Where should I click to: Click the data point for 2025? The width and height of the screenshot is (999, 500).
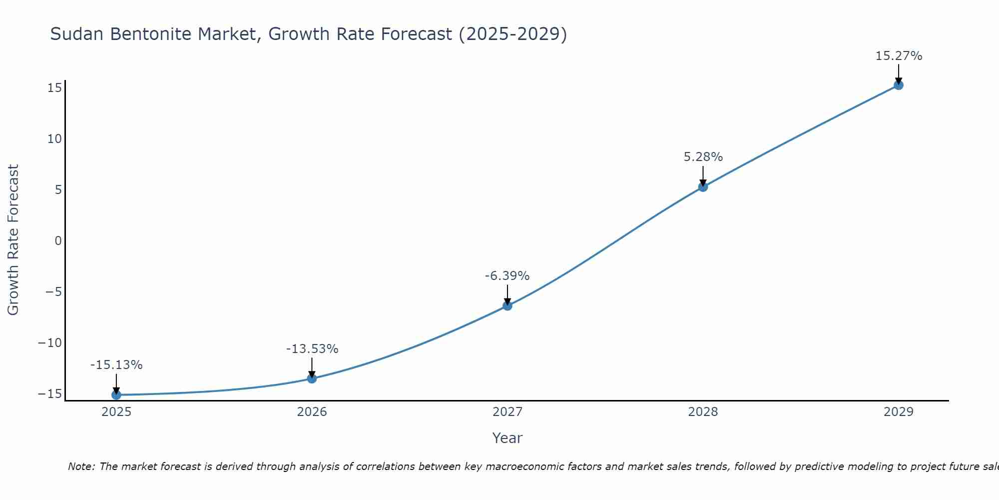[x=116, y=395]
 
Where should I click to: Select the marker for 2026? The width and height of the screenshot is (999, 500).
[x=312, y=378]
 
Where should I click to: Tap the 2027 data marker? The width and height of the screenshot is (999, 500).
[x=507, y=305]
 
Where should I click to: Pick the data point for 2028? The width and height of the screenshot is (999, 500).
[x=703, y=187]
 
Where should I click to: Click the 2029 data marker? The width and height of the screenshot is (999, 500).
[x=899, y=85]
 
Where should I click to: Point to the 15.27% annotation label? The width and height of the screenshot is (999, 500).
[x=899, y=56]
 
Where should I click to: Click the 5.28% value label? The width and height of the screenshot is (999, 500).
[x=703, y=157]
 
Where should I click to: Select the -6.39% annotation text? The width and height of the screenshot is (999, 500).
[x=507, y=276]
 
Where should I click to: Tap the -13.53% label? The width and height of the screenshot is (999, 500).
[x=312, y=349]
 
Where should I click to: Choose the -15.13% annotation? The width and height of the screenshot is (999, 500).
[x=116, y=365]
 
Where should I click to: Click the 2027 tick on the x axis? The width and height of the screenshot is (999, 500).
[x=507, y=412]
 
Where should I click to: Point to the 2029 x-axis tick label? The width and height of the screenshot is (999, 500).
[x=899, y=412]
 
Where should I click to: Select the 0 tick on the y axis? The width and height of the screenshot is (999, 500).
[x=58, y=241]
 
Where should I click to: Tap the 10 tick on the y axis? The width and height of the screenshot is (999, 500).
[x=54, y=139]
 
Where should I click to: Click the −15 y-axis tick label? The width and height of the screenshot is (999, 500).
[x=50, y=394]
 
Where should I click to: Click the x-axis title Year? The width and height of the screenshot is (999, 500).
[x=507, y=438]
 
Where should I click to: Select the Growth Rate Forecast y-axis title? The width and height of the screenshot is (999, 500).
[x=13, y=240]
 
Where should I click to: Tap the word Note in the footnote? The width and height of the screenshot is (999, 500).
[x=80, y=466]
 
